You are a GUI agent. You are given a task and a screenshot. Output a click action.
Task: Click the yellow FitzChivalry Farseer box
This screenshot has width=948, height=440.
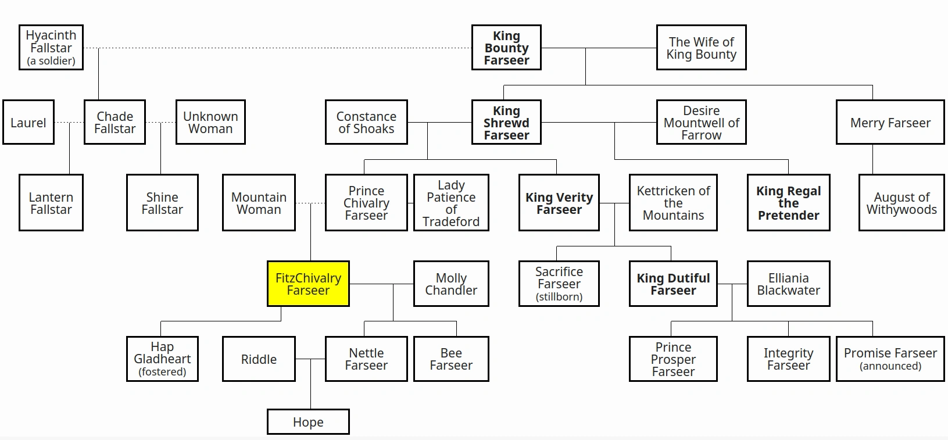(x=308, y=284)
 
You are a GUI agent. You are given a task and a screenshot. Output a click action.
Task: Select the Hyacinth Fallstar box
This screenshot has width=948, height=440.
(x=51, y=48)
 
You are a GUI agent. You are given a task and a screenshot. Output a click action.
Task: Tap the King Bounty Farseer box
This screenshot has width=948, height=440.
(x=506, y=48)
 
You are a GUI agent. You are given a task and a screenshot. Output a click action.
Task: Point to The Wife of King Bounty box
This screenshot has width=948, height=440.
(x=701, y=48)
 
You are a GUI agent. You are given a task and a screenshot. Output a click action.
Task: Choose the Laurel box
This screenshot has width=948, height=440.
(x=28, y=123)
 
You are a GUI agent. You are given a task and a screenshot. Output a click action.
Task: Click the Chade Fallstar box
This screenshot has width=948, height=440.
(x=115, y=123)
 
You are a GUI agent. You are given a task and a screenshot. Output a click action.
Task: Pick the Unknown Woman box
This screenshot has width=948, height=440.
(x=210, y=123)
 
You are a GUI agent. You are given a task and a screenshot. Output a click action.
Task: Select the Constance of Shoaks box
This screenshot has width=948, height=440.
(x=366, y=123)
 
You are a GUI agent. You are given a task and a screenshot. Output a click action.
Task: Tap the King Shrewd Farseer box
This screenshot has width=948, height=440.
(x=506, y=123)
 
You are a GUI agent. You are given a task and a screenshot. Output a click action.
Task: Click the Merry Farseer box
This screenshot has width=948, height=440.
(x=890, y=123)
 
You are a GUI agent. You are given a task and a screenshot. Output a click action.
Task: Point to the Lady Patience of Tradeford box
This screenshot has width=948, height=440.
(x=451, y=203)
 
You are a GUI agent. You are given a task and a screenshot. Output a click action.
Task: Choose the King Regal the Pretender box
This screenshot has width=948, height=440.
(x=788, y=203)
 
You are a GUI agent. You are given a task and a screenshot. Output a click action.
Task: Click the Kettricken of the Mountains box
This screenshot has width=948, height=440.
(x=673, y=203)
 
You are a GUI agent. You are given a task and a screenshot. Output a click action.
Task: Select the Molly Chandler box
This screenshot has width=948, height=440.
(x=451, y=284)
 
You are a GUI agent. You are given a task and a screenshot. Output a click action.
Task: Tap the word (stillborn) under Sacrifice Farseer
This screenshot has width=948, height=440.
(x=559, y=297)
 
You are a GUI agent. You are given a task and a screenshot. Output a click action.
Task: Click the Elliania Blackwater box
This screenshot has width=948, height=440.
(x=788, y=284)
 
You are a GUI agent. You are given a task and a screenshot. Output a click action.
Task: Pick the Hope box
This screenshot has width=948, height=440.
(x=308, y=422)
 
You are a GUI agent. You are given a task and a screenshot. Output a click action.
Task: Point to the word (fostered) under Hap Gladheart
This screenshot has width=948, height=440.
(x=162, y=372)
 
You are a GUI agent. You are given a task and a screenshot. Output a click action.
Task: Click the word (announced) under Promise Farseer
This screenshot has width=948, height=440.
(x=890, y=366)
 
